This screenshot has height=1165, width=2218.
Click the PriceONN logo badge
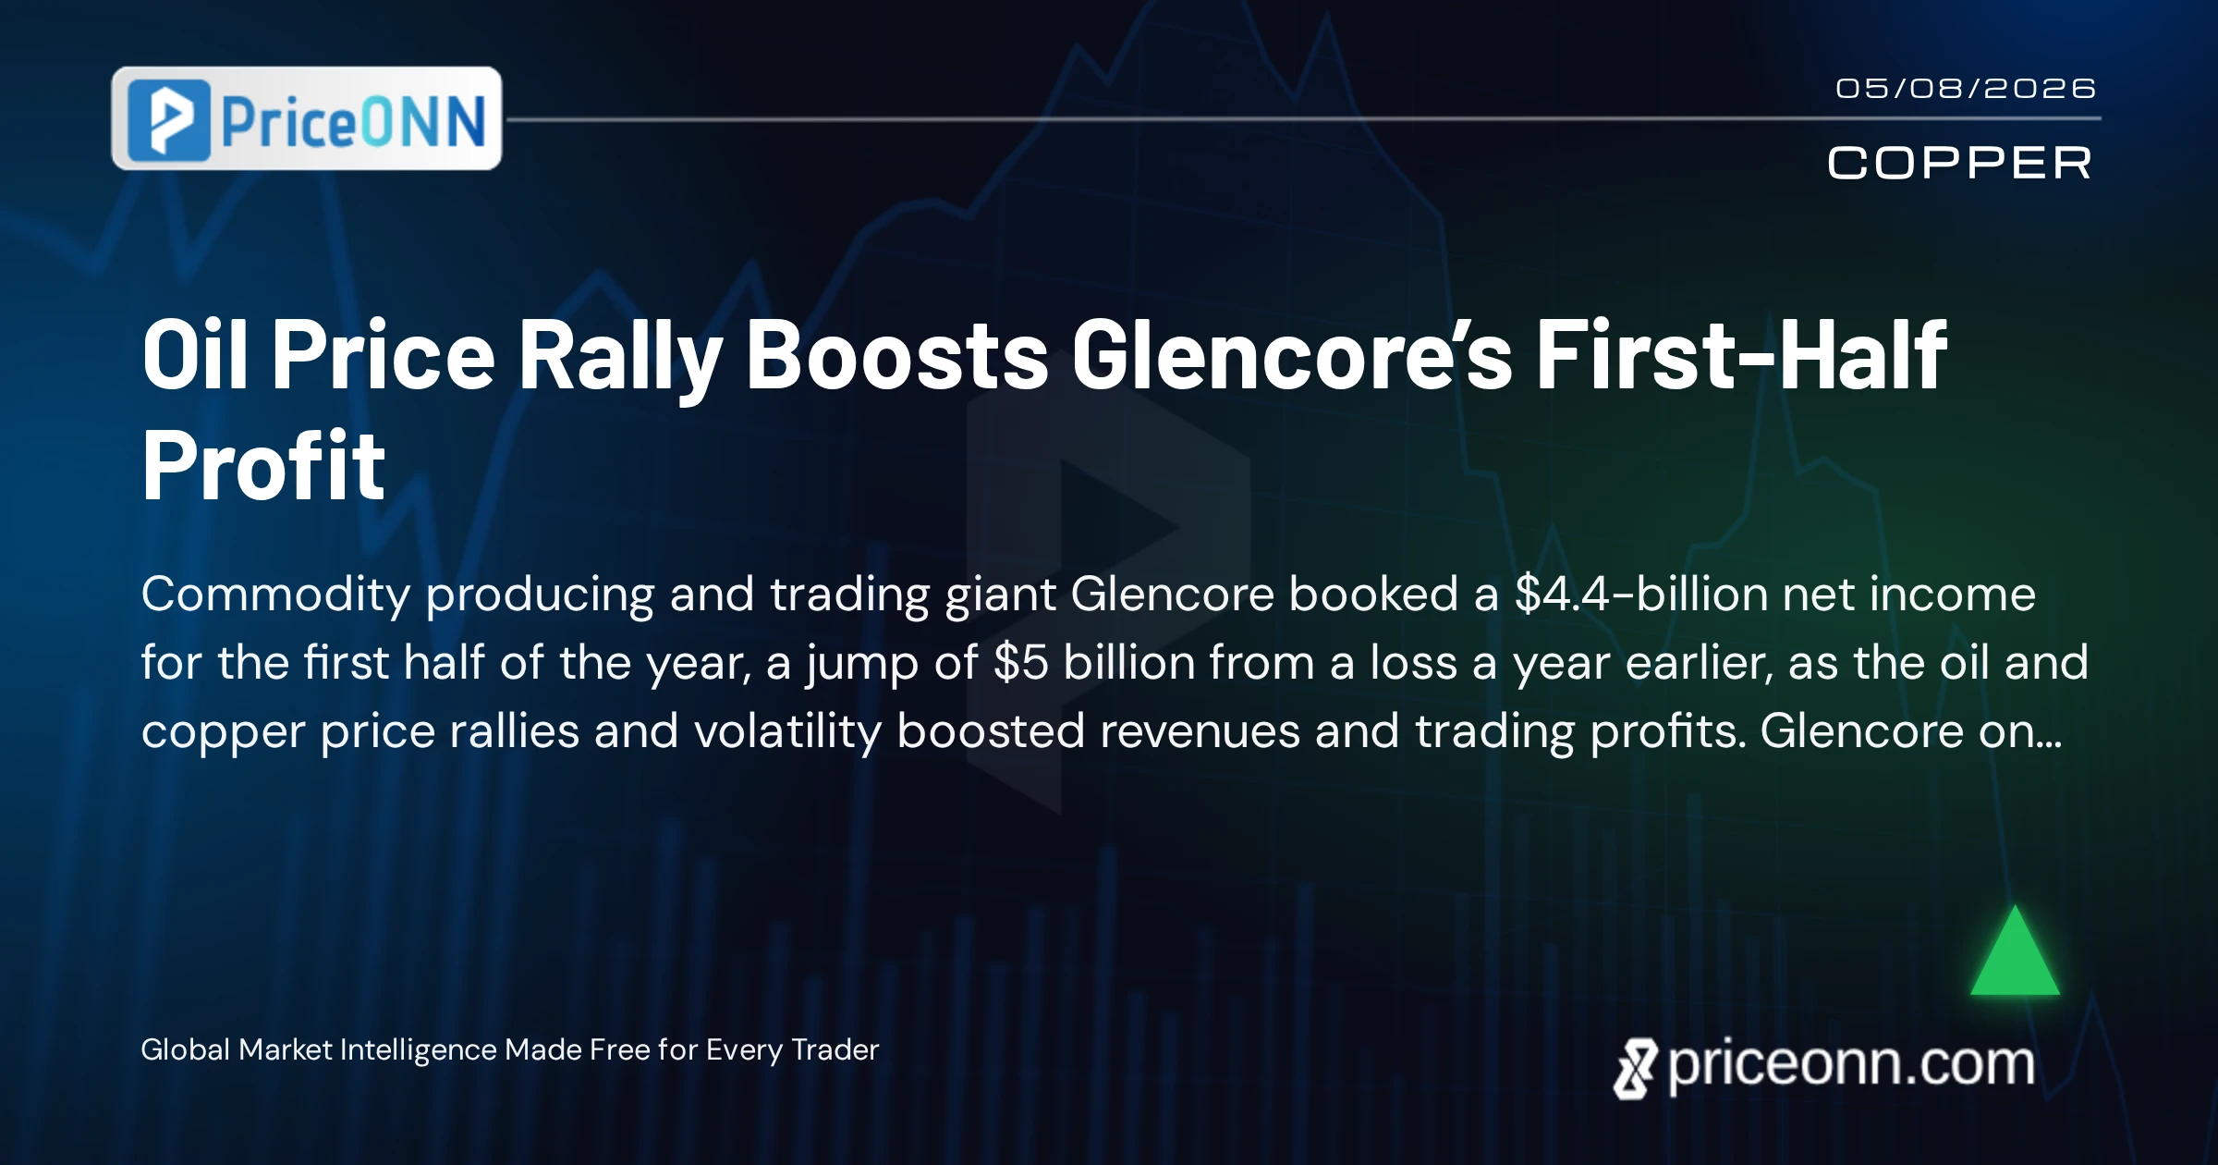tap(306, 118)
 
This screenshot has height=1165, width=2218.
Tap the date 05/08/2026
tap(1966, 89)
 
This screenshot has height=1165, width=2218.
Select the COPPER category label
tap(1959, 164)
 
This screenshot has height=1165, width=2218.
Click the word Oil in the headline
tap(195, 355)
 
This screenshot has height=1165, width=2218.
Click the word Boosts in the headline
tap(896, 355)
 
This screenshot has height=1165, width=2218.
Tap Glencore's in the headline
tap(1292, 355)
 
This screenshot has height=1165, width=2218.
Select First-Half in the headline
tap(1742, 355)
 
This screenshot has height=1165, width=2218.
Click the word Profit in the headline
tap(263, 466)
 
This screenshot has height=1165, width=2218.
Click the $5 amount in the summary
tap(1021, 662)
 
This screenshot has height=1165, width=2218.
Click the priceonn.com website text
tap(1851, 1065)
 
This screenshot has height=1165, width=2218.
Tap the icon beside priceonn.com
tap(1635, 1069)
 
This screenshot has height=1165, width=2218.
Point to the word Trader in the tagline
tap(835, 1049)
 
